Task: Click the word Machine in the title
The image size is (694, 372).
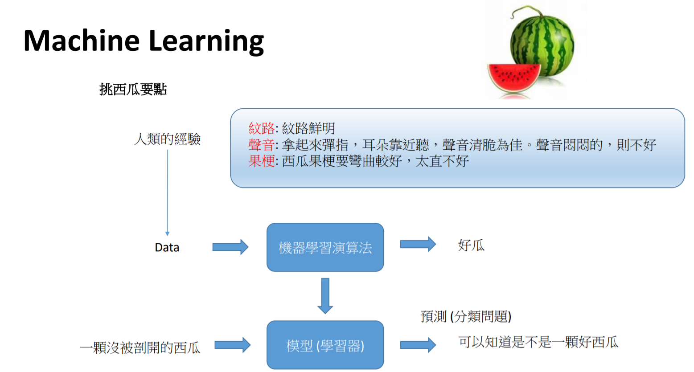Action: (x=82, y=41)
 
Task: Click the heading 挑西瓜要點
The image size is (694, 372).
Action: (x=133, y=90)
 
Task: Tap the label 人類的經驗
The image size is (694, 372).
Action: (x=167, y=139)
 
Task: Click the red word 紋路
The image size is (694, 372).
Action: (x=262, y=129)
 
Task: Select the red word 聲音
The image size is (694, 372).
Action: (x=262, y=145)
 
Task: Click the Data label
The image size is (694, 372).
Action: (x=167, y=248)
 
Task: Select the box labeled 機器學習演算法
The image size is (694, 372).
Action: (x=325, y=247)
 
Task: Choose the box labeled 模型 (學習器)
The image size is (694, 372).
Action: (x=325, y=345)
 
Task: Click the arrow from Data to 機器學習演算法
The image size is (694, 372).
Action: (x=230, y=247)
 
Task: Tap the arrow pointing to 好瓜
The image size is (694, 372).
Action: (x=418, y=244)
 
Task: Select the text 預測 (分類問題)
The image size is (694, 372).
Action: (x=466, y=317)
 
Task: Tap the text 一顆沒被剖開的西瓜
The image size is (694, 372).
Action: (x=140, y=347)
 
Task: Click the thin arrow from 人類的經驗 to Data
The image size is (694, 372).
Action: (x=168, y=192)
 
